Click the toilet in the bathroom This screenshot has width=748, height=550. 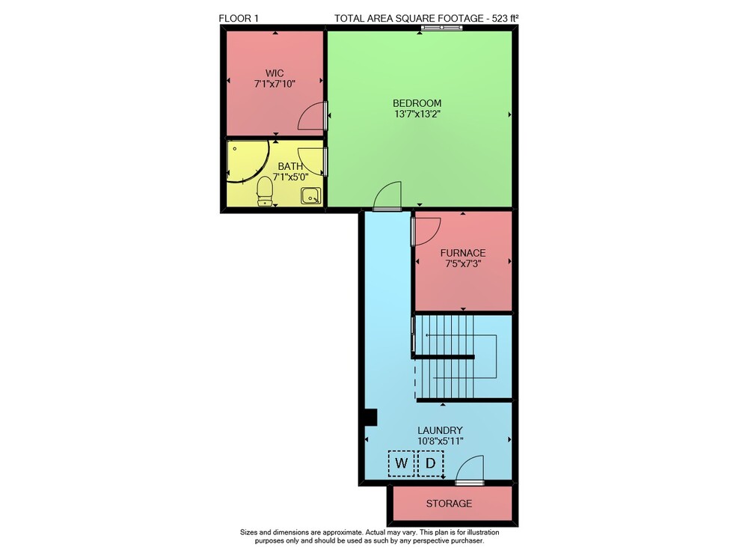(x=265, y=191)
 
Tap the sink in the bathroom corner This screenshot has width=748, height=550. (x=311, y=196)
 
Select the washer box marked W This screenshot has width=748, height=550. (x=401, y=463)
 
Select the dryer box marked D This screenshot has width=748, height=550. (x=431, y=463)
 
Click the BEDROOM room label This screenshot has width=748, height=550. (x=417, y=103)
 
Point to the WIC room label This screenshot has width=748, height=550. (x=275, y=73)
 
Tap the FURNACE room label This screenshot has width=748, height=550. (x=463, y=253)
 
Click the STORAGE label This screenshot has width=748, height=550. (x=449, y=503)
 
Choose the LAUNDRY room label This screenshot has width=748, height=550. (x=440, y=430)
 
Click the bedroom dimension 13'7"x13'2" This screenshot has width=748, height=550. (x=417, y=114)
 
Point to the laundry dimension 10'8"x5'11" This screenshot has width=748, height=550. (x=441, y=441)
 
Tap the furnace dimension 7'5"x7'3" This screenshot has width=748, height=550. (x=463, y=263)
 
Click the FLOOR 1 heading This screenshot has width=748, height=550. (x=239, y=19)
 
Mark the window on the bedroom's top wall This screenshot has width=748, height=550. (x=442, y=28)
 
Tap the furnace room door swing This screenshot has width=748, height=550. (x=426, y=231)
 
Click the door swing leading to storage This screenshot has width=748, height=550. (x=470, y=470)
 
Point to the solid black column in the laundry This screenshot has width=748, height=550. (x=371, y=418)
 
